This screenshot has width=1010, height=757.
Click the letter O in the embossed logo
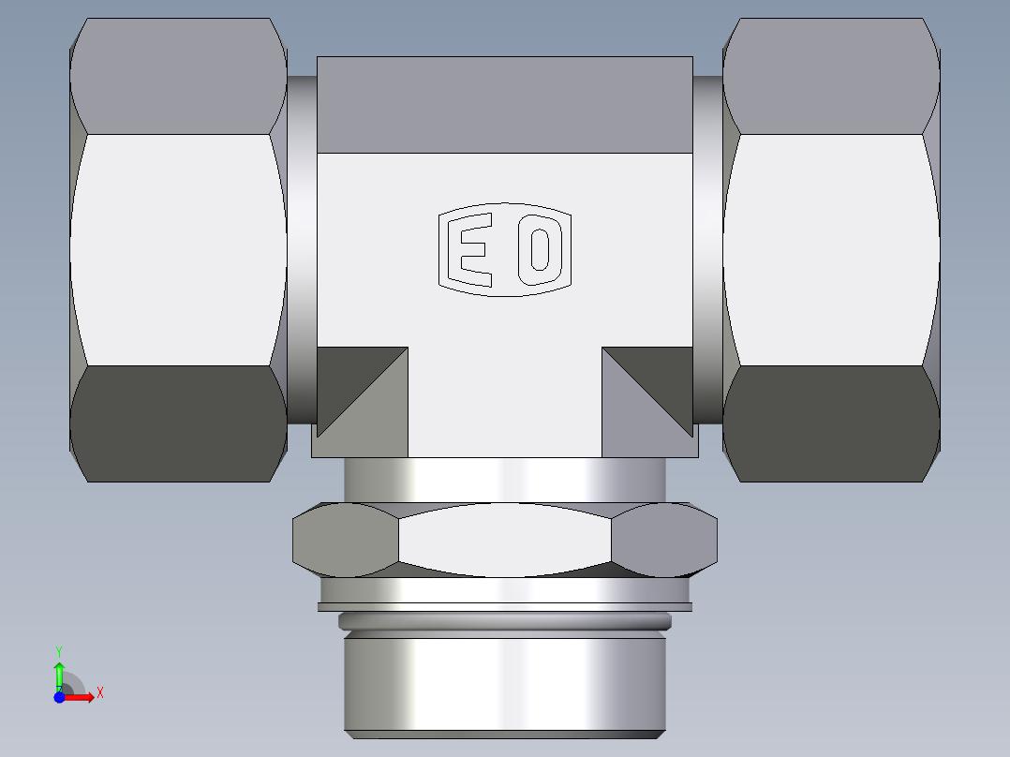(x=539, y=249)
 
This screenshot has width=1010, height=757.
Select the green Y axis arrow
(x=59, y=673)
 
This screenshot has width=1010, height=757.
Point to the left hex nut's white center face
(x=178, y=248)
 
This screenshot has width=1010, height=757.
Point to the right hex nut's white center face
(x=830, y=248)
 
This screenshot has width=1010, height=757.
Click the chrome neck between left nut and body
(x=302, y=248)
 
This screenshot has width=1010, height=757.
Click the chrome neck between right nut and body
(x=707, y=248)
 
